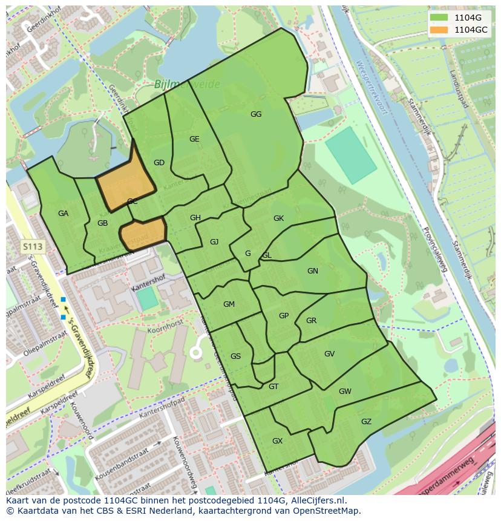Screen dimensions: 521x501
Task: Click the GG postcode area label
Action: point(256,114)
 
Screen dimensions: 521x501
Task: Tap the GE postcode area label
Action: point(194,139)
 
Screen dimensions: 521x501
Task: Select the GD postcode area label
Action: point(159,163)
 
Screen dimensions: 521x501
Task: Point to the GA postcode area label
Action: point(64,214)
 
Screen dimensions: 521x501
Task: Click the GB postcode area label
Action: point(102,223)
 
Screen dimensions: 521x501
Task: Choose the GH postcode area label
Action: point(195,218)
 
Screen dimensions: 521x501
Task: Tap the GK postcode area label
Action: point(278,218)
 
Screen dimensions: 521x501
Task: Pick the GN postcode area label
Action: point(313,271)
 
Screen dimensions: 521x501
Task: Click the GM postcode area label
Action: point(229,304)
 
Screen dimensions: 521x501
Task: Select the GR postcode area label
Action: point(312,321)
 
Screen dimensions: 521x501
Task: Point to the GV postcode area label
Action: point(329,354)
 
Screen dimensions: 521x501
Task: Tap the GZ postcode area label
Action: point(366,422)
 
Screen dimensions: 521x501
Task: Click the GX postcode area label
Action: point(277,441)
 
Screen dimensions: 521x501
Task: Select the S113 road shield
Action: point(33,246)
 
